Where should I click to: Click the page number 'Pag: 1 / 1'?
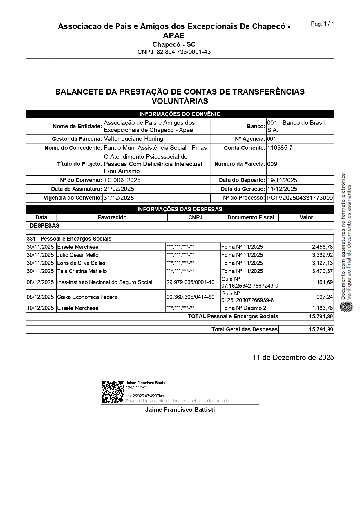[322, 24]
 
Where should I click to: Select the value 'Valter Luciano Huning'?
[133, 139]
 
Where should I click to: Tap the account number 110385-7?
[280, 148]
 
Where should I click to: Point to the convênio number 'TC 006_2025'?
[122, 180]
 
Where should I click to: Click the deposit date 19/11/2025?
[282, 180]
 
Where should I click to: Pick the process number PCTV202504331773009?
[300, 198]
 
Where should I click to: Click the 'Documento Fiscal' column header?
[251, 217]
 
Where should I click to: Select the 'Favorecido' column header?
[112, 217]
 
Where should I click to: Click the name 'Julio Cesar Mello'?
[78, 255]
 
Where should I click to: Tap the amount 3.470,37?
[322, 271]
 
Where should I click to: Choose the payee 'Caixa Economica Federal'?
[88, 297]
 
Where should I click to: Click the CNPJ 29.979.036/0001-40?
[191, 282]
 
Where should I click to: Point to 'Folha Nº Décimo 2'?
[244, 308]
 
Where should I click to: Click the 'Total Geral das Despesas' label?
[244, 329]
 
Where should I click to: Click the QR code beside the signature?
[113, 392]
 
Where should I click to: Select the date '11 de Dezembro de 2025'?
[293, 357]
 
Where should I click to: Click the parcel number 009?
[272, 164]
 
